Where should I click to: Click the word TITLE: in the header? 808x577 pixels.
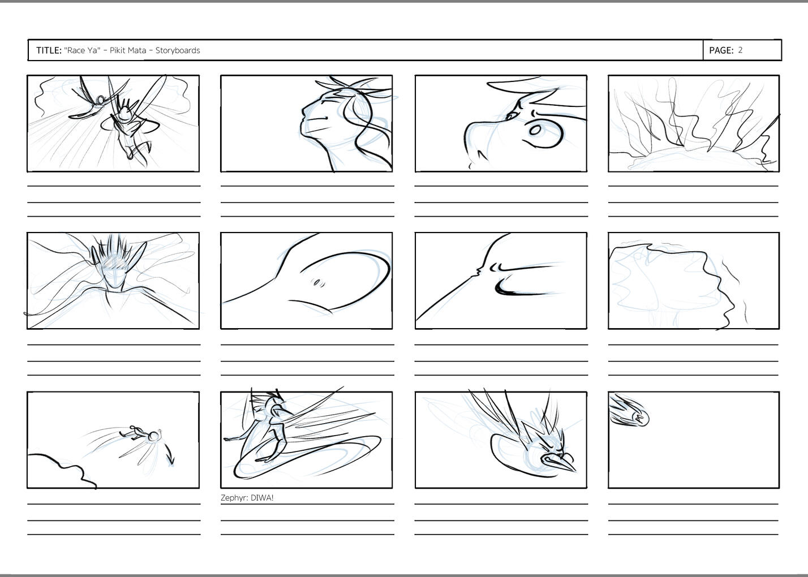pyautogui.click(x=49, y=50)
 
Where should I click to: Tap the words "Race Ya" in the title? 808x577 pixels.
pyautogui.click(x=82, y=50)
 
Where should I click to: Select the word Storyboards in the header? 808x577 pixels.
pyautogui.click(x=178, y=50)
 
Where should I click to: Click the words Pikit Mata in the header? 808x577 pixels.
pyautogui.click(x=128, y=50)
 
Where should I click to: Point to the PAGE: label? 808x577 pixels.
pyautogui.click(x=721, y=50)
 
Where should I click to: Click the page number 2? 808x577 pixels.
pyautogui.click(x=740, y=50)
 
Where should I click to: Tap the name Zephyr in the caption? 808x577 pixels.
pyautogui.click(x=234, y=498)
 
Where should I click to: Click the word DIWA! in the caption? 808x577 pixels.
pyautogui.click(x=262, y=498)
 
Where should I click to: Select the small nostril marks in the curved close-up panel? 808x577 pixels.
pyautogui.click(x=318, y=283)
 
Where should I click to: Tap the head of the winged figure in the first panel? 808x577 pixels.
pyautogui.click(x=124, y=114)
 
